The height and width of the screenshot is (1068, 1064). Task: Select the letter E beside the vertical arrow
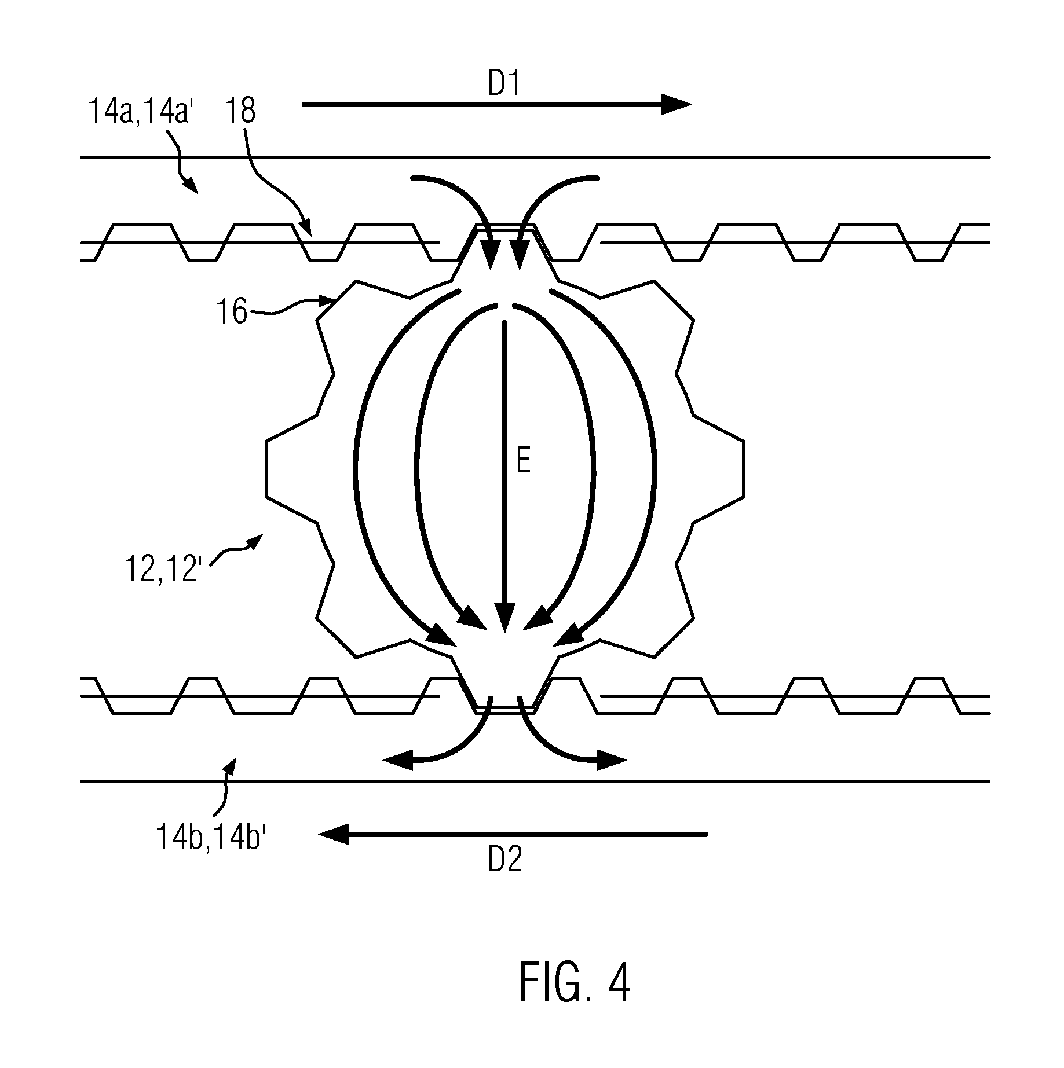[523, 463]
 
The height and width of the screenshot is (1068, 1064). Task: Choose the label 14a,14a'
[144, 111]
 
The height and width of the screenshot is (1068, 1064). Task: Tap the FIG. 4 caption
[575, 982]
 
